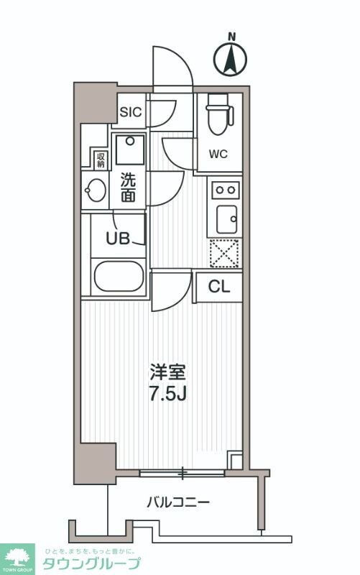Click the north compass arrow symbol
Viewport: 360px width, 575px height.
click(231, 59)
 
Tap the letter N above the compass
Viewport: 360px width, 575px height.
click(231, 35)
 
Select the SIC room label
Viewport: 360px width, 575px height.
click(131, 111)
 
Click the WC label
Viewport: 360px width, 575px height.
click(218, 153)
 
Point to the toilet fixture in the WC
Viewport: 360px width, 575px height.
click(216, 115)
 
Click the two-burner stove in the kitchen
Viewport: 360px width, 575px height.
click(224, 190)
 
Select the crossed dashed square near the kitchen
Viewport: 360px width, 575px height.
click(223, 253)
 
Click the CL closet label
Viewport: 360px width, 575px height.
click(218, 287)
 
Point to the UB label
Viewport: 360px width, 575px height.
click(119, 239)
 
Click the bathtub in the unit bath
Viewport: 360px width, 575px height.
click(119, 276)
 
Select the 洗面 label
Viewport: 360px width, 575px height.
click(128, 186)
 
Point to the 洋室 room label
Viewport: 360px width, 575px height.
click(168, 373)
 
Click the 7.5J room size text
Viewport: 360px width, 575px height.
click(168, 394)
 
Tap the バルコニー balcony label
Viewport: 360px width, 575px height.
click(179, 502)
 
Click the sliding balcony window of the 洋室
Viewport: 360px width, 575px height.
click(183, 473)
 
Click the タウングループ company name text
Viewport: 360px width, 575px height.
click(92, 563)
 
